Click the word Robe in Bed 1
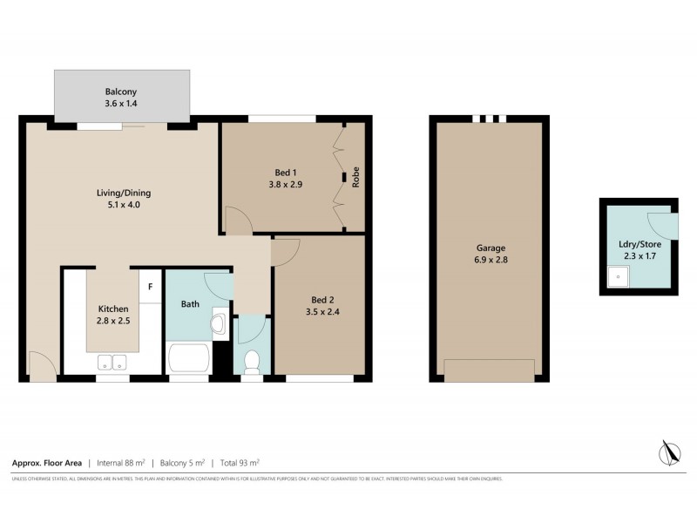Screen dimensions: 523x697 [355, 179]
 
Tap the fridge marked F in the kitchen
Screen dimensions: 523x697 [150, 286]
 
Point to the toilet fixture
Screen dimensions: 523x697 [252, 360]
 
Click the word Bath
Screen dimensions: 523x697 [191, 305]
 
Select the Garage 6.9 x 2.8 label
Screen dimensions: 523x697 [490, 254]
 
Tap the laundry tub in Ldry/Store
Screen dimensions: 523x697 [618, 278]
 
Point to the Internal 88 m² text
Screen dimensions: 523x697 [120, 463]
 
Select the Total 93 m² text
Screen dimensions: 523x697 [239, 463]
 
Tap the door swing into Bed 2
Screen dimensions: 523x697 [286, 251]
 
